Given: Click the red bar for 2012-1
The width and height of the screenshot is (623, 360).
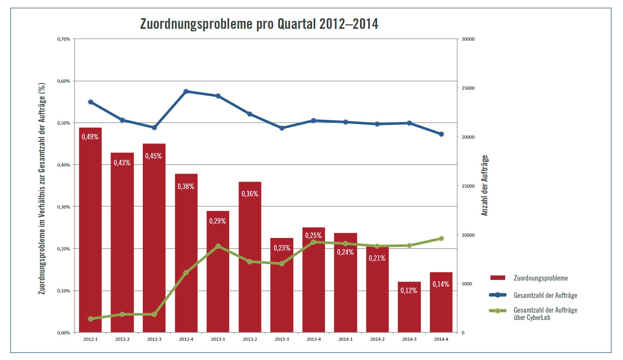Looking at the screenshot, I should point(90,231).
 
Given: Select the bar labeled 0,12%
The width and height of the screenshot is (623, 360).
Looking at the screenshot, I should point(409,307).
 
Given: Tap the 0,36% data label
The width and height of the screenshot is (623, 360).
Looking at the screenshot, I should point(250,194).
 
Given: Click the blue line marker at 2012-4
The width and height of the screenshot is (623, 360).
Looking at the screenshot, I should point(186,92).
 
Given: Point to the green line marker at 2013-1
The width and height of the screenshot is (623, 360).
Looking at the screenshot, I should point(218,246).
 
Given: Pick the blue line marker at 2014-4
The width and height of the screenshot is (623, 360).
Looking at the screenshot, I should point(441,134).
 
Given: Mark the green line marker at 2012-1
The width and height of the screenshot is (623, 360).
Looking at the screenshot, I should point(90,319).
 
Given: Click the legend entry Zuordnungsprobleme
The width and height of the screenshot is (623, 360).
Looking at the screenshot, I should point(540,278).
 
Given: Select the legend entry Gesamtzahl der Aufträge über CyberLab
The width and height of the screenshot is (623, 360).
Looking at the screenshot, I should point(545,314).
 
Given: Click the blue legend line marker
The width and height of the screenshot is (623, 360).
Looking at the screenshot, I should point(498,295).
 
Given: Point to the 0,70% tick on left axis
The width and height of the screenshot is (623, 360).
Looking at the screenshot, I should point(63,39).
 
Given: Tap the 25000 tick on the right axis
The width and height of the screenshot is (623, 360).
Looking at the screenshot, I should point(468,88).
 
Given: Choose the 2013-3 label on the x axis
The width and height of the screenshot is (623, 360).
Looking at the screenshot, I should point(282,339).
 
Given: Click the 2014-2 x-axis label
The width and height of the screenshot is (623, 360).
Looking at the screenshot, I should point(377,339).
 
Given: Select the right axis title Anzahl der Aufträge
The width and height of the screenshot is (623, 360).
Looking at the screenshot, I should point(484,185).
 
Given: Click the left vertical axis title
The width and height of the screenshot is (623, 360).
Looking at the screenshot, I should point(42,189).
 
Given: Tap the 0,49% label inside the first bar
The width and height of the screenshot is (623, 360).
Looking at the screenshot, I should point(90,137).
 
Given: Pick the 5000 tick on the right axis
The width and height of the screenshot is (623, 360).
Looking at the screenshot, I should point(466,284).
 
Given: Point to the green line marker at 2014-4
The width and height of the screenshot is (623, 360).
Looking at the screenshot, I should point(441,239).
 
